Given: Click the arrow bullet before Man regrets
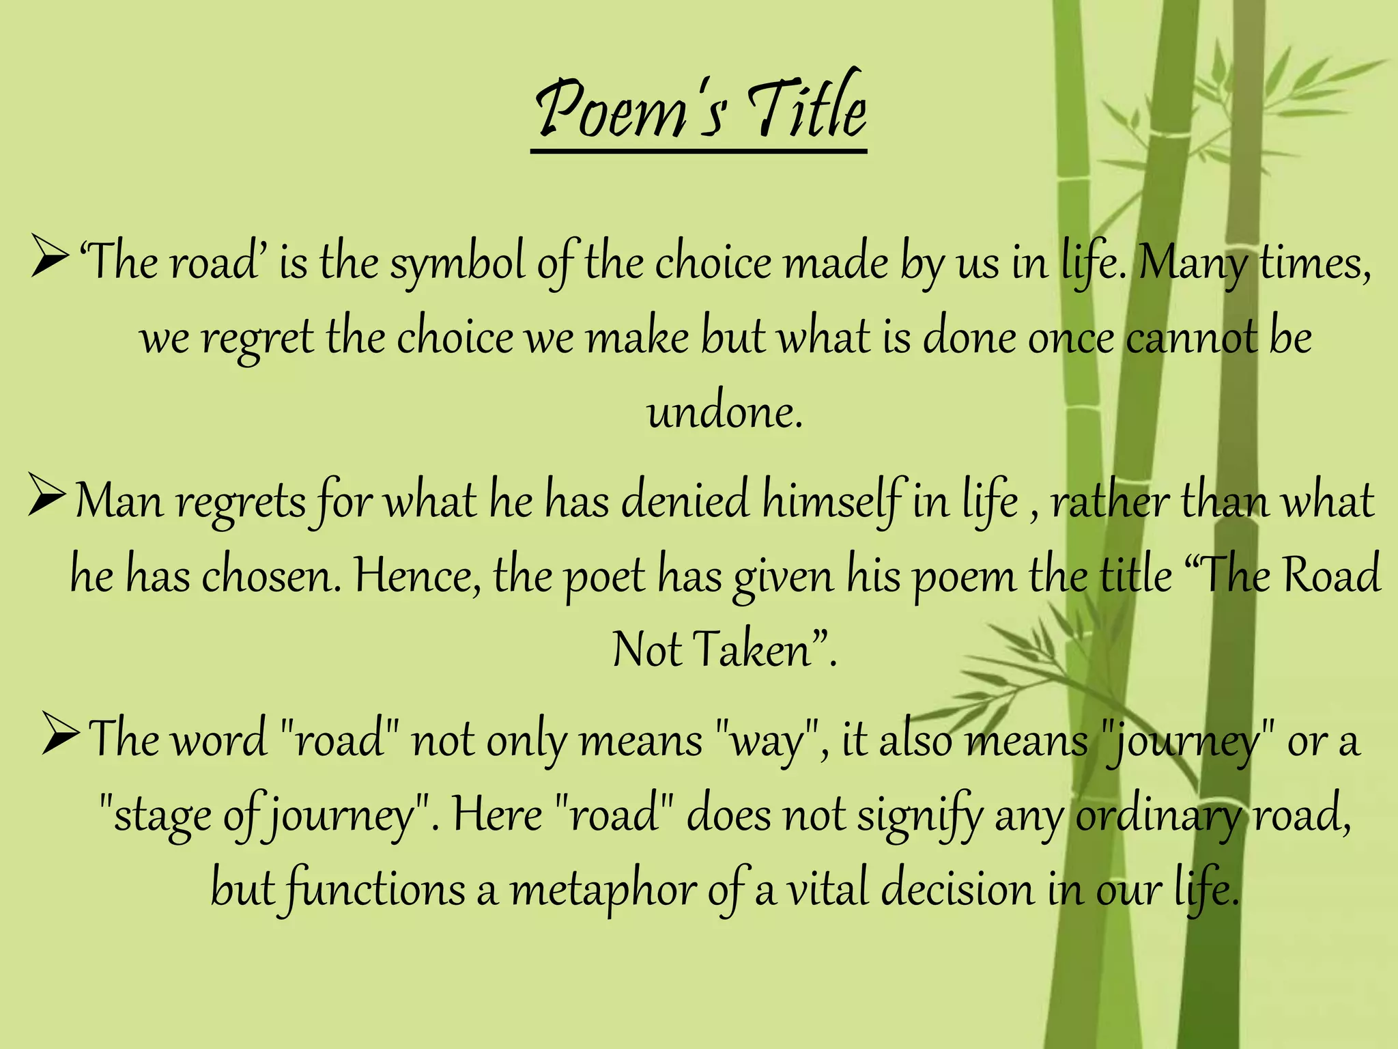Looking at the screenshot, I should [x=47, y=499].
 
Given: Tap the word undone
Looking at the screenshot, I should [x=724, y=412].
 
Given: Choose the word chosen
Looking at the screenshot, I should [x=270, y=576].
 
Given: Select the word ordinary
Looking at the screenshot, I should [x=1156, y=817].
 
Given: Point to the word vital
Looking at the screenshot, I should [x=827, y=891].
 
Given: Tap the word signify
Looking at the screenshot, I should [x=919, y=817].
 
